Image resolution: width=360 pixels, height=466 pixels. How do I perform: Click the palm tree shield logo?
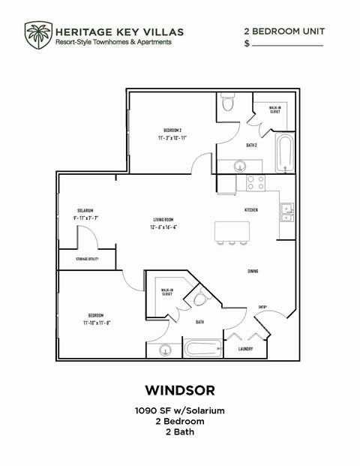point(37,34)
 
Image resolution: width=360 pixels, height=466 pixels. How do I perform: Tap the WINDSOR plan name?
point(179,390)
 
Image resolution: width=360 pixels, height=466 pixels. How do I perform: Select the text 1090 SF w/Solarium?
point(179,410)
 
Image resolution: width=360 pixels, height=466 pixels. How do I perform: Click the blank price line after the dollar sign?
point(287,44)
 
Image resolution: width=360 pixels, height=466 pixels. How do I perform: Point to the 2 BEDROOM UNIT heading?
point(283,32)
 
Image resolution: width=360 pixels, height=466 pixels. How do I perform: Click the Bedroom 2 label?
point(172,130)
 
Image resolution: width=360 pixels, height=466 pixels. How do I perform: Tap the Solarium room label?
point(84,211)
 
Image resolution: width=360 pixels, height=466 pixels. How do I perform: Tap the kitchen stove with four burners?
point(256,182)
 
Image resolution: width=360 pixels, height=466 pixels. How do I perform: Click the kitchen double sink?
point(286,212)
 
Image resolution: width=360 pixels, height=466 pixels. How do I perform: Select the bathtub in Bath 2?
point(283,154)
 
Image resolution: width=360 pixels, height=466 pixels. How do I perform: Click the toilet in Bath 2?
point(228,105)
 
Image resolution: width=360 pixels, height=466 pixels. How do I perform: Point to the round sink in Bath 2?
point(239,166)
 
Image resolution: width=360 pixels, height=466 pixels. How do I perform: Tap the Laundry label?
point(244,349)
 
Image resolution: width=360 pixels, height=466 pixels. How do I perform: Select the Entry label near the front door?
point(262,306)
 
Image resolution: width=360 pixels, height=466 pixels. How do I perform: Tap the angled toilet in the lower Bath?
point(200,299)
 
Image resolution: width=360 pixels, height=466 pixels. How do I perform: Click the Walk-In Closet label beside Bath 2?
point(274,110)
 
